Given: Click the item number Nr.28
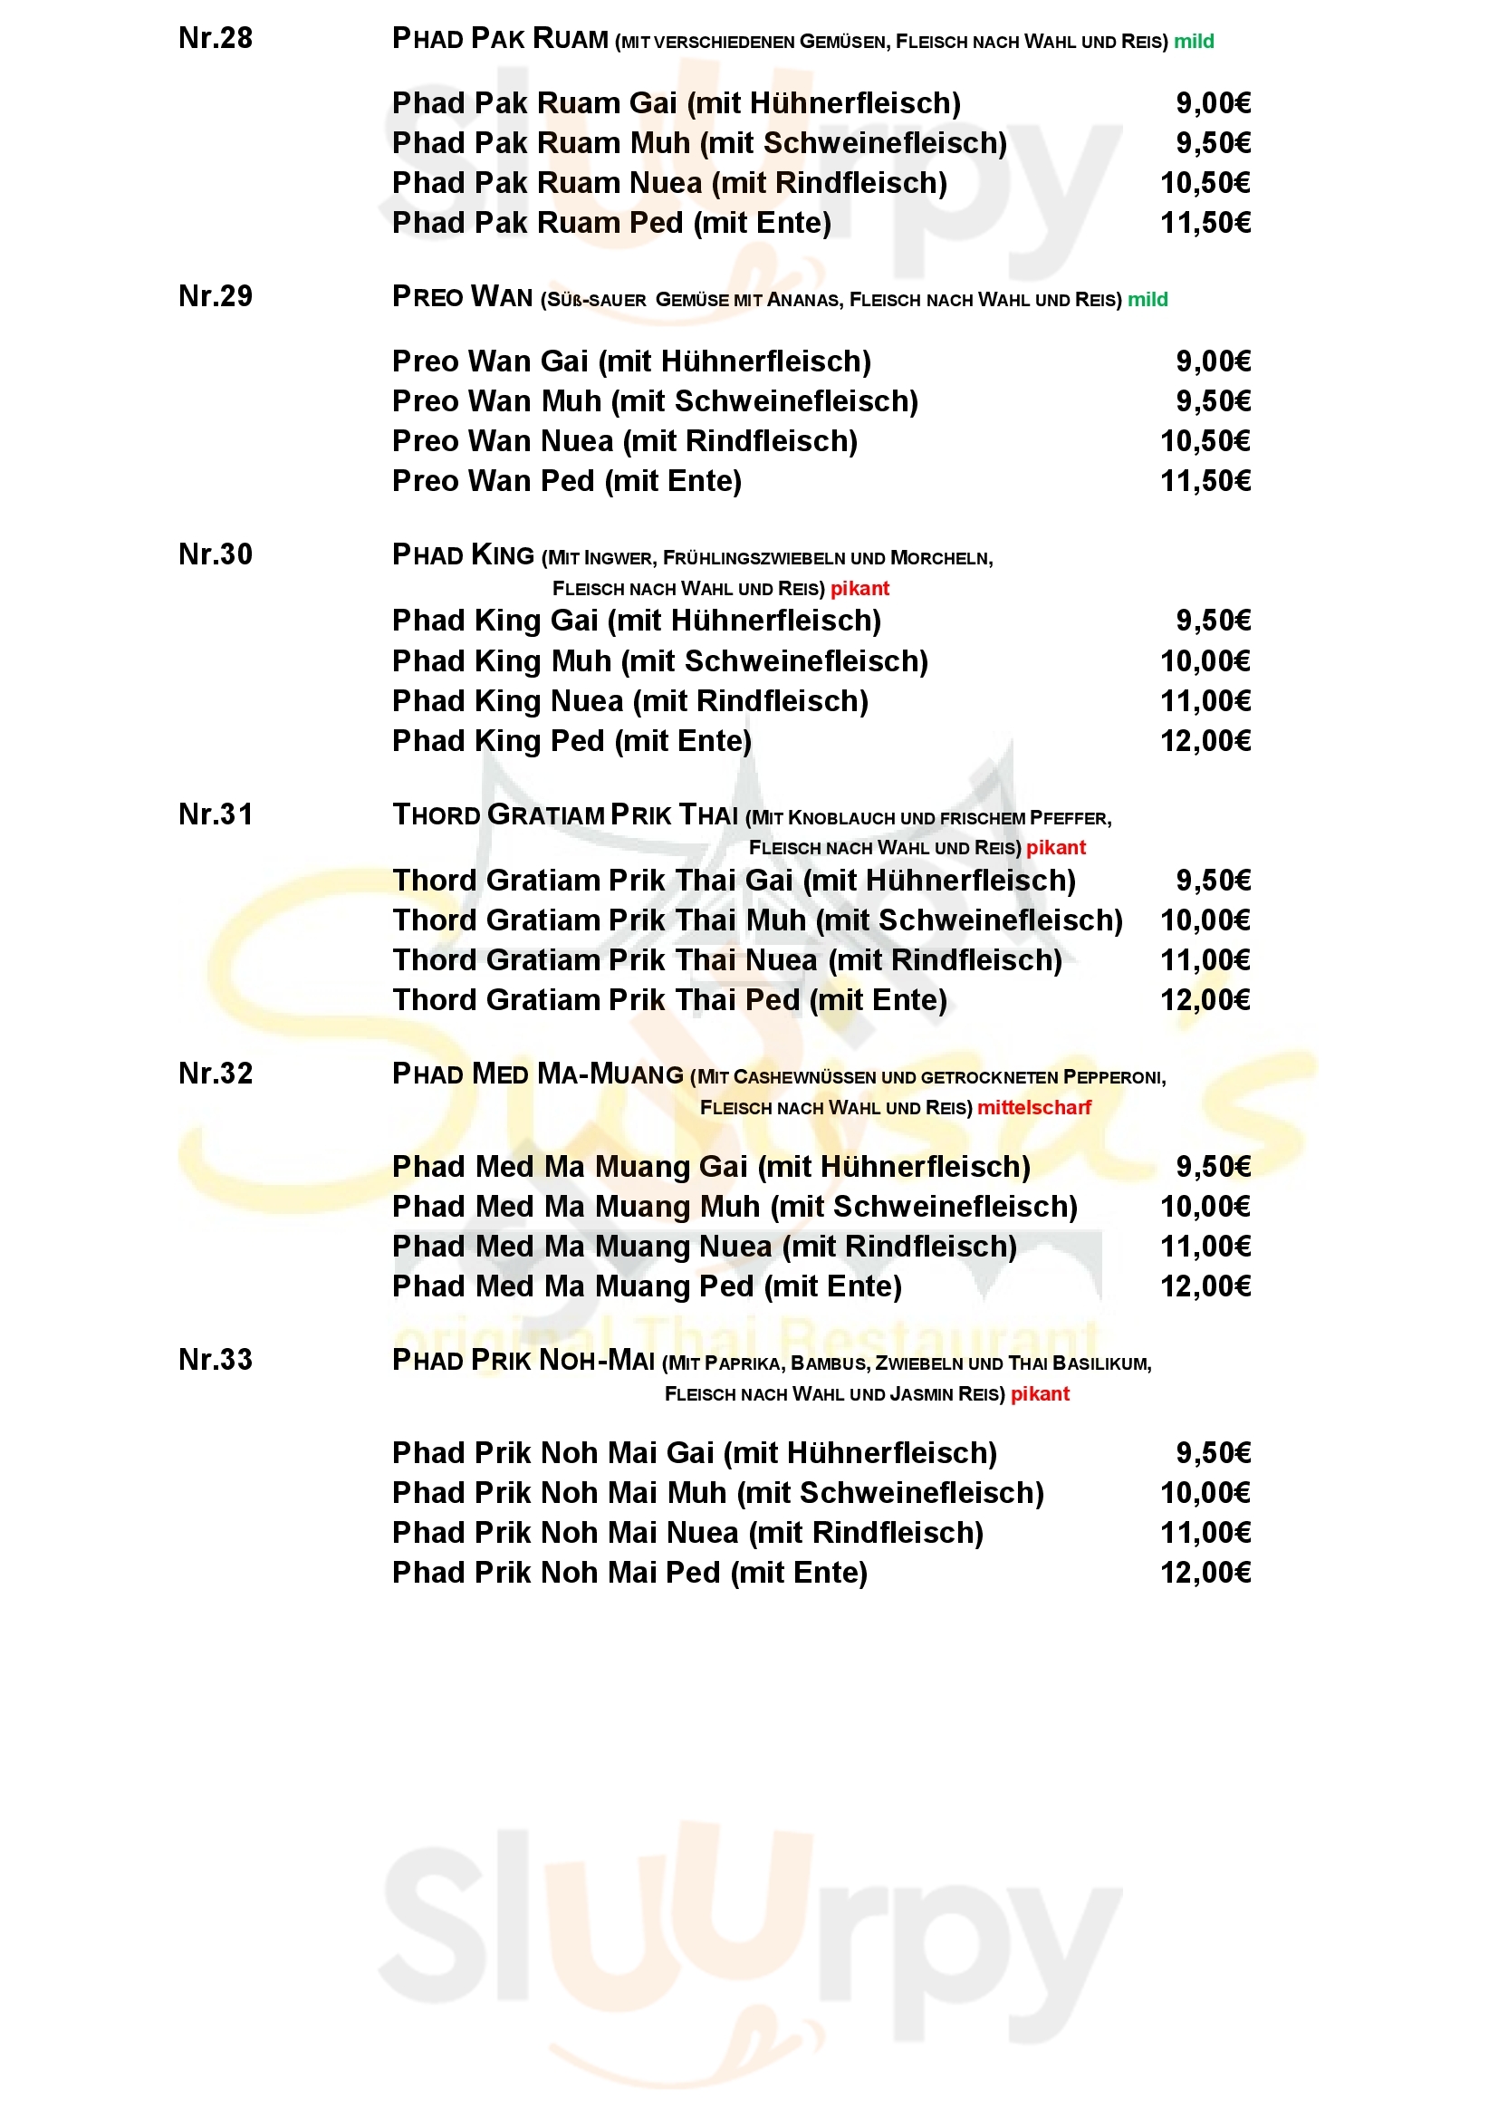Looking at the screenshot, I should point(215,38).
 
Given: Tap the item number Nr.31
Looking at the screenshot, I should point(215,814).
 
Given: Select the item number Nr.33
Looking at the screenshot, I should point(215,1360).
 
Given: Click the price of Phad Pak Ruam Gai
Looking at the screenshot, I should point(1213,103).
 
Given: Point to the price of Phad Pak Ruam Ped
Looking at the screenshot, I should point(1205,224).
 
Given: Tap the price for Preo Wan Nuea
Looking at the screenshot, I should point(1205,441).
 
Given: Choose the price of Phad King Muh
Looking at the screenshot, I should point(1205,660).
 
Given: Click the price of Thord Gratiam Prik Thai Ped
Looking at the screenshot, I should point(1205,999).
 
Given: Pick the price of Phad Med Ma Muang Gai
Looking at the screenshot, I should point(1213,1167).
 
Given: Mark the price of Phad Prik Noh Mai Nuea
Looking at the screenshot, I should point(1205,1533).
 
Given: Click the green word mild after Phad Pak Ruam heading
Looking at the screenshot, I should point(1194,42).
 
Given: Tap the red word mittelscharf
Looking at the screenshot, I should point(1034,1107).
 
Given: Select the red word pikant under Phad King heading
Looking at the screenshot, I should point(859,589).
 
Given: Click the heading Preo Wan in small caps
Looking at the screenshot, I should point(462,297).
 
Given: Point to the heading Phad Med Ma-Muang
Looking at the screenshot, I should point(538,1074).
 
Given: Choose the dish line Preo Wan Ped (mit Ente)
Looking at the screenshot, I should point(566,481).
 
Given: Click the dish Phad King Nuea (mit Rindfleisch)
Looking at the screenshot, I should point(630,701).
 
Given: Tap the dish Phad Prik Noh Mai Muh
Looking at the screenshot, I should point(717,1493).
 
